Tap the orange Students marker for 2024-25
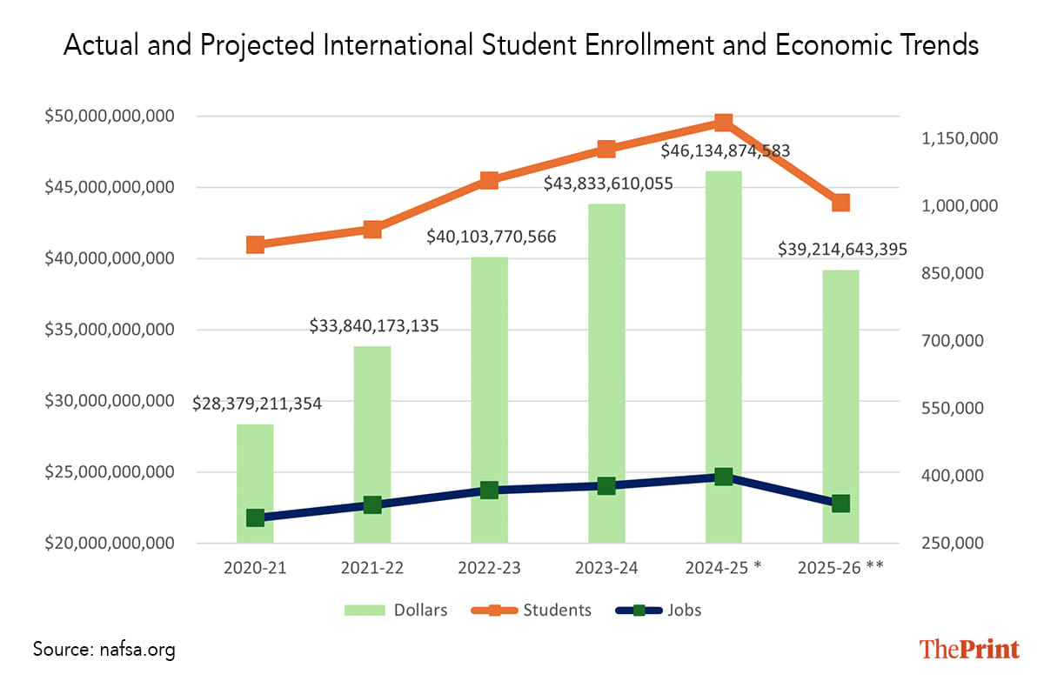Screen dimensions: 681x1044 pyautogui.click(x=723, y=123)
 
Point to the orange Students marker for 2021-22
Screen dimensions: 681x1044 pyautogui.click(x=372, y=230)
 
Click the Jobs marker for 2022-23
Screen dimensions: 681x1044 pyautogui.click(x=489, y=491)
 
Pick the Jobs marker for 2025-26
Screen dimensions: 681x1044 pyautogui.click(x=840, y=504)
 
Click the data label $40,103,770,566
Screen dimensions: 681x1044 pyautogui.click(x=492, y=237)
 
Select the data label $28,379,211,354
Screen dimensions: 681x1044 pyautogui.click(x=257, y=403)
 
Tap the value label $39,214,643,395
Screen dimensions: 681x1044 pyautogui.click(x=842, y=250)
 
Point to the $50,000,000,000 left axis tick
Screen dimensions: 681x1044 pyautogui.click(x=110, y=116)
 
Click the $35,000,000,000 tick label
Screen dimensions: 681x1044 pyautogui.click(x=110, y=330)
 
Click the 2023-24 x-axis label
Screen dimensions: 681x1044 pyautogui.click(x=606, y=568)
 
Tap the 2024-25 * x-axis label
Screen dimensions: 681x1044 pyautogui.click(x=723, y=568)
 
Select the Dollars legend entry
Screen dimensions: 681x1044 pyautogui.click(x=397, y=610)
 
